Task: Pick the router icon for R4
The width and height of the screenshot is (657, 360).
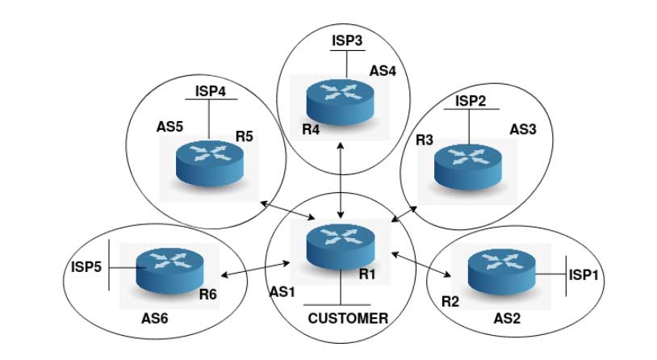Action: click(340, 99)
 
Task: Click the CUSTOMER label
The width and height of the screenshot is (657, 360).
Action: click(348, 318)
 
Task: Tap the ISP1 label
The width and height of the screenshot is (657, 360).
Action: click(585, 275)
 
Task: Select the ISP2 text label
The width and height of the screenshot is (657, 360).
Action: click(471, 101)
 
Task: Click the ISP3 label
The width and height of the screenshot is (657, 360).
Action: click(347, 39)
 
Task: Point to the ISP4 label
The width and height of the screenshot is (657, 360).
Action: click(210, 90)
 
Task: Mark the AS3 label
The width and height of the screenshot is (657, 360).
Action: click(525, 128)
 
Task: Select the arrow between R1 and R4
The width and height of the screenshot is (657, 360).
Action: click(341, 180)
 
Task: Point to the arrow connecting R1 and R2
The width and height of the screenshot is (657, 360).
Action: click(421, 264)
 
